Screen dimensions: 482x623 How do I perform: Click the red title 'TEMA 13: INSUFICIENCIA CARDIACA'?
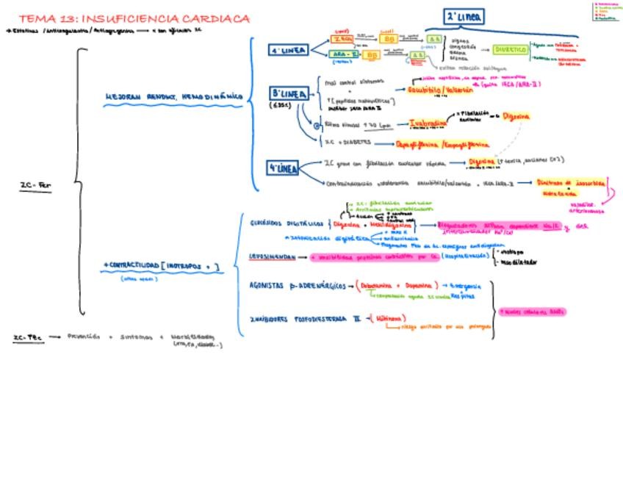134,18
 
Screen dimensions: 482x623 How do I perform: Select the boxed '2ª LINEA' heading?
464,17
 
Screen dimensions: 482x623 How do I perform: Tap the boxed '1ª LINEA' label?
288,51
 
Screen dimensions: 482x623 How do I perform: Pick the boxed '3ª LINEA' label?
289,95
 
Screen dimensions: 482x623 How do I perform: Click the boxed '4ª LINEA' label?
284,168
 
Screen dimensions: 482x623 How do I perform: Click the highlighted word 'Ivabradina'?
428,124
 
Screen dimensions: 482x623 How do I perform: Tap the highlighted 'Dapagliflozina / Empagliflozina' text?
442,145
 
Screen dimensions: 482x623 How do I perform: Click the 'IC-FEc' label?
27,338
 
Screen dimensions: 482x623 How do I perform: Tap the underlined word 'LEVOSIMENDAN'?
272,257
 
